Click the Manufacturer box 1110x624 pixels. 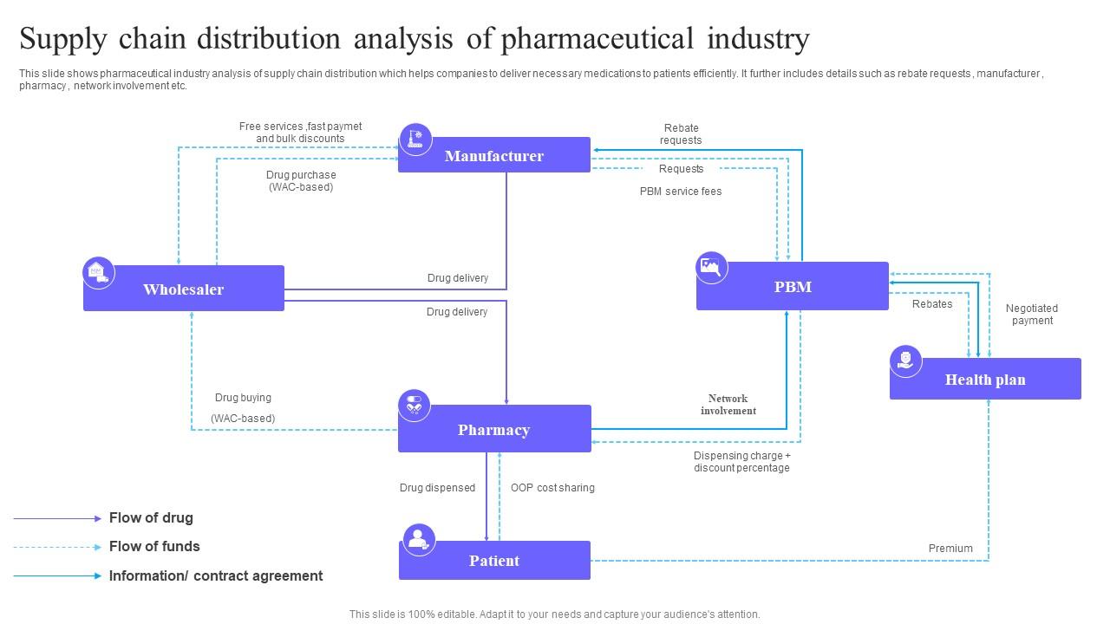pos(494,155)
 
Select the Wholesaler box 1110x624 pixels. pos(184,289)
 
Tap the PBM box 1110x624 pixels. pos(793,286)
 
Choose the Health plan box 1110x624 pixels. pos(985,379)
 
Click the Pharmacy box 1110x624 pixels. pos(494,429)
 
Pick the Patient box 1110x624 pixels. pos(494,561)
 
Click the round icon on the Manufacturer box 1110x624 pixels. pos(415,139)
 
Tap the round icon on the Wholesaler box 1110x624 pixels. pos(99,273)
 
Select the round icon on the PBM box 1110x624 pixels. pos(712,267)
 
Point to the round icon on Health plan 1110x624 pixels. pos(906,361)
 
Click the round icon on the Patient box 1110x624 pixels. pos(419,539)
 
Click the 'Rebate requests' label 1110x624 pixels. pos(681,134)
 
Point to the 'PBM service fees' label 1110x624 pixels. pos(681,192)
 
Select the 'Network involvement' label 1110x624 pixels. pos(728,405)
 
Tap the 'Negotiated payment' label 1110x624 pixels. pos(1032,315)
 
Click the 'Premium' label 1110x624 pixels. pos(950,549)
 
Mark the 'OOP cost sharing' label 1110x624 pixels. pos(552,488)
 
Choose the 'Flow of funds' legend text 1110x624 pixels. pos(154,547)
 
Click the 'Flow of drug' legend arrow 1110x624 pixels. pos(57,518)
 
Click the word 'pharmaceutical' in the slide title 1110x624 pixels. pos(597,39)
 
